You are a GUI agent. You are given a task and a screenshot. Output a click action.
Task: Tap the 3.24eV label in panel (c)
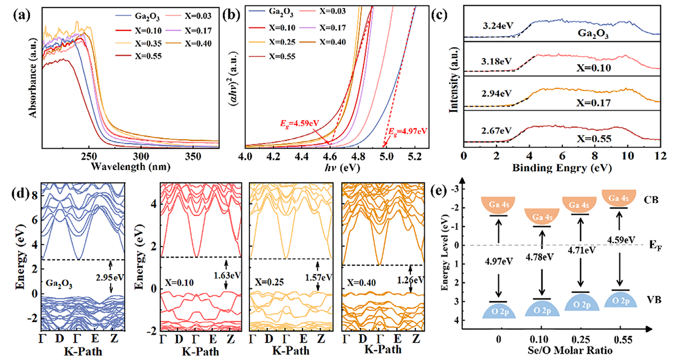tap(495, 25)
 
